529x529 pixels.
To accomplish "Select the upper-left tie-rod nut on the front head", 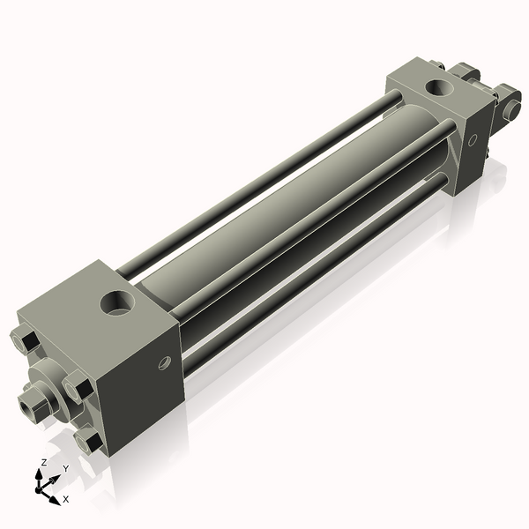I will coord(24,339).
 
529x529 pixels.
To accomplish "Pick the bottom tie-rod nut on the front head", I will coord(86,438).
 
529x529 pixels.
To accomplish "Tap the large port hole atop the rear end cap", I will coord(437,87).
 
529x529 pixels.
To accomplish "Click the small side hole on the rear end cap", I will coord(472,138).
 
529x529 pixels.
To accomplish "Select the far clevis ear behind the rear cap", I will coord(465,72).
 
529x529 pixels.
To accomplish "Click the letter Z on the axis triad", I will coord(43,463).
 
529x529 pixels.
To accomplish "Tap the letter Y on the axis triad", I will coord(65,468).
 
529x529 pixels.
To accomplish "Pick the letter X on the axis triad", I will coord(65,499).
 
